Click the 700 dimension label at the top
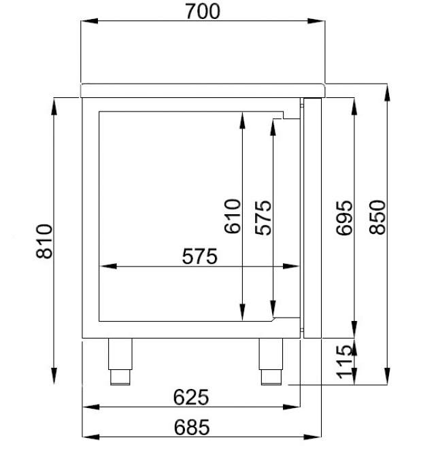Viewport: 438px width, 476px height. pyautogui.click(x=201, y=12)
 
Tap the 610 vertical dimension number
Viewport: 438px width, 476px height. pyautogui.click(x=233, y=216)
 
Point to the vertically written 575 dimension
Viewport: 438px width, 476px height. pyautogui.click(x=263, y=216)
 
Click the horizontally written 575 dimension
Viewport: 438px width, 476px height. pyautogui.click(x=199, y=256)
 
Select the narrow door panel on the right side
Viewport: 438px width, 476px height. pyautogui.click(x=312, y=218)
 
